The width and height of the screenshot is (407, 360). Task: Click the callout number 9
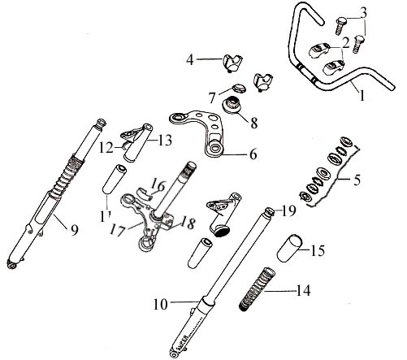pyautogui.click(x=75, y=230)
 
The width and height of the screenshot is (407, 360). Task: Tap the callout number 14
pyautogui.click(x=302, y=291)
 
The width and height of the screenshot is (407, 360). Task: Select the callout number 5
pyautogui.click(x=357, y=180)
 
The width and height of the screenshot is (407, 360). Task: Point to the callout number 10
pyautogui.click(x=161, y=304)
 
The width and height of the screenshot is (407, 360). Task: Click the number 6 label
pyautogui.click(x=253, y=154)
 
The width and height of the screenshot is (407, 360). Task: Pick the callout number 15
pyautogui.click(x=318, y=250)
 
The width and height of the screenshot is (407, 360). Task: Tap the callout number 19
pyautogui.click(x=288, y=211)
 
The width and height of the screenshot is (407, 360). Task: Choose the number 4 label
pyautogui.click(x=190, y=60)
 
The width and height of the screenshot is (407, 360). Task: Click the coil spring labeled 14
pyautogui.click(x=258, y=288)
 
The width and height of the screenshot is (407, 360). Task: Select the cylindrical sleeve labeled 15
pyautogui.click(x=289, y=249)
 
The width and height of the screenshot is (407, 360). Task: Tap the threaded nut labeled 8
pyautogui.click(x=232, y=105)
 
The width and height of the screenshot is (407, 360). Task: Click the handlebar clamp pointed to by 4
pyautogui.click(x=232, y=63)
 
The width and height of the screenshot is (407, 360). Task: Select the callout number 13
pyautogui.click(x=164, y=141)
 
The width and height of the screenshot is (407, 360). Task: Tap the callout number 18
pyautogui.click(x=188, y=223)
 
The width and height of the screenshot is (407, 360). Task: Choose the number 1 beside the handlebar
pyautogui.click(x=362, y=95)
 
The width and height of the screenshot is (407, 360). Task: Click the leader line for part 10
pyautogui.click(x=184, y=301)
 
